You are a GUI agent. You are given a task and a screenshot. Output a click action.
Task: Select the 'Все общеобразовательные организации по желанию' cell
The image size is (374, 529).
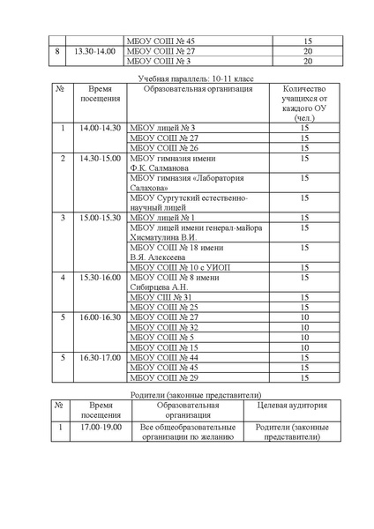tap(187, 431)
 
